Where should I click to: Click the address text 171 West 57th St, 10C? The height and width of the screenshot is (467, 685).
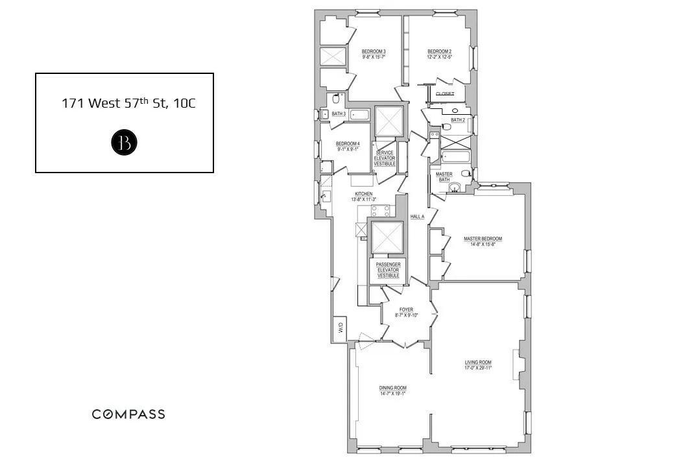click(128, 102)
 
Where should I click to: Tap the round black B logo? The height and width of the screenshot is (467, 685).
click(124, 143)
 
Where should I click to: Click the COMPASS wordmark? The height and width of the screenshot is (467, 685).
click(128, 414)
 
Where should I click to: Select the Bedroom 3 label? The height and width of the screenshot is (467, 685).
click(374, 54)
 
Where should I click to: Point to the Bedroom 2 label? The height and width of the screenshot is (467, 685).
click(439, 54)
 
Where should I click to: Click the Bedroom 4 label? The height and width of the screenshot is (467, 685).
click(347, 146)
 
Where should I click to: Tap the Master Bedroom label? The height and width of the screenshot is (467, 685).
click(483, 241)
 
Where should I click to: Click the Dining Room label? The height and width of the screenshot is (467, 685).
click(392, 390)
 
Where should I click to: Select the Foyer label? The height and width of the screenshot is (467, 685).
click(406, 312)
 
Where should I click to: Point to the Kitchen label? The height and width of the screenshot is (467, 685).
click(363, 197)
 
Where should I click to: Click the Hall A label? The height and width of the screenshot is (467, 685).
click(417, 217)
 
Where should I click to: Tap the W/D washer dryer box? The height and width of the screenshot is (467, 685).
click(339, 328)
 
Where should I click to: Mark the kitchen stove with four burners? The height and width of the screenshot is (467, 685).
click(380, 211)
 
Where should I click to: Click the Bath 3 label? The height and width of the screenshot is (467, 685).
click(339, 114)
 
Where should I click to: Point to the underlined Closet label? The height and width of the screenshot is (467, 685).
click(444, 94)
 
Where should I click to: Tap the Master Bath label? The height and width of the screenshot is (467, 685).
click(444, 177)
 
